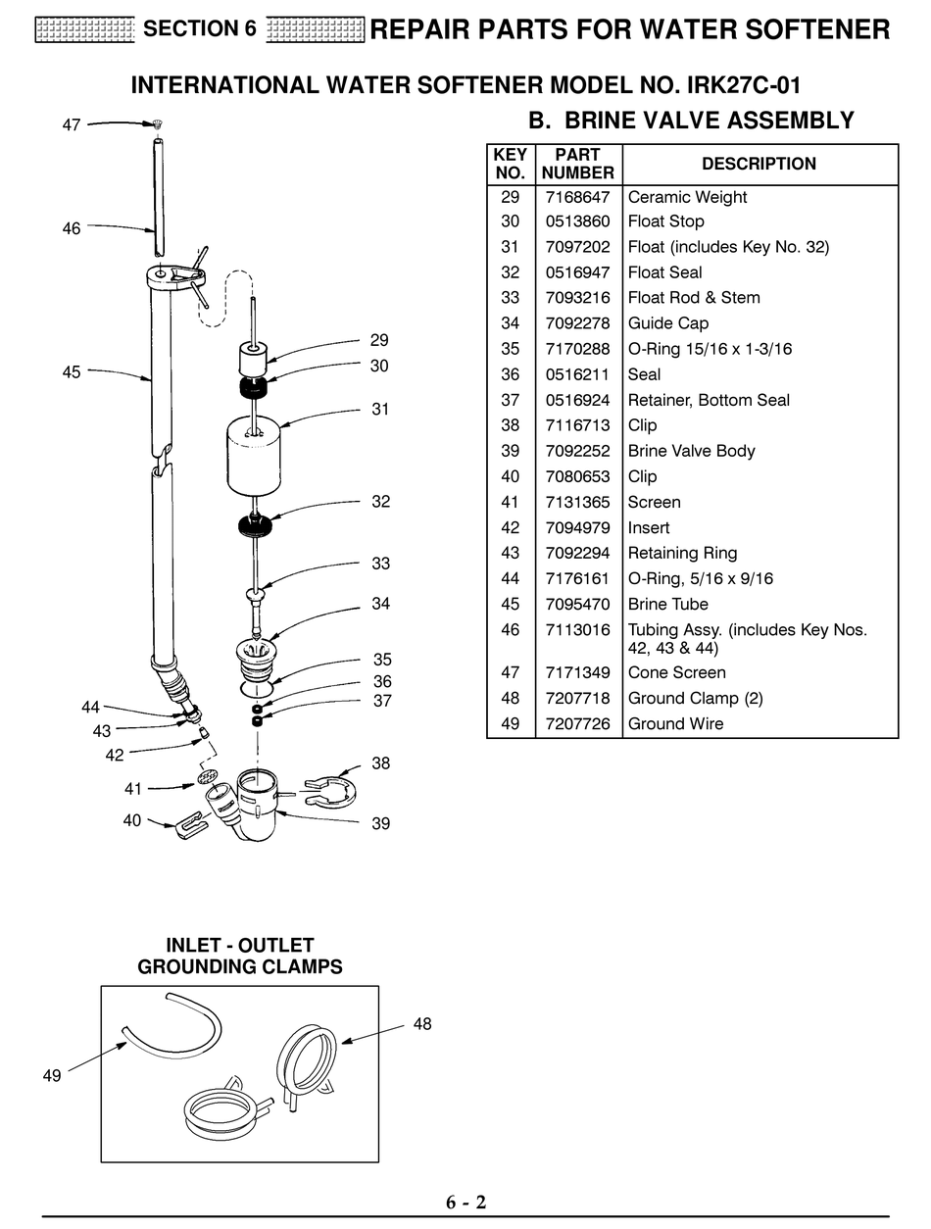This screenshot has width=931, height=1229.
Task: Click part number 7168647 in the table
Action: (577, 197)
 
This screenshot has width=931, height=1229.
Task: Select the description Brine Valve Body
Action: (691, 451)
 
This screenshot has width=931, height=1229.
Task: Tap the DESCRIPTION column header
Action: (759, 164)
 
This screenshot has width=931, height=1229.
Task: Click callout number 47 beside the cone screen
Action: (72, 125)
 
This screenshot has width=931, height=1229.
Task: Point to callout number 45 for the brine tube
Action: (72, 372)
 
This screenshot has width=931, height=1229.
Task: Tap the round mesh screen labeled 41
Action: (206, 778)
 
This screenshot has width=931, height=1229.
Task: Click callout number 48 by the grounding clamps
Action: (422, 1024)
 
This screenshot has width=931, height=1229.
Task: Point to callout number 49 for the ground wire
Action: (52, 1075)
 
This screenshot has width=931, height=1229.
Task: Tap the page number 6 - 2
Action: (465, 1203)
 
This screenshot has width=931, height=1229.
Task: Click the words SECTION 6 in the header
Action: (200, 29)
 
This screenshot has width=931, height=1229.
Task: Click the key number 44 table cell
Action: (510, 578)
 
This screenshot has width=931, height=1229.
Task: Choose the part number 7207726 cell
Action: (577, 723)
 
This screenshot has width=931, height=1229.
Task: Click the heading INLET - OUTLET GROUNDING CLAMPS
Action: (240, 956)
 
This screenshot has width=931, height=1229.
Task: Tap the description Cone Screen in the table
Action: (676, 672)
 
